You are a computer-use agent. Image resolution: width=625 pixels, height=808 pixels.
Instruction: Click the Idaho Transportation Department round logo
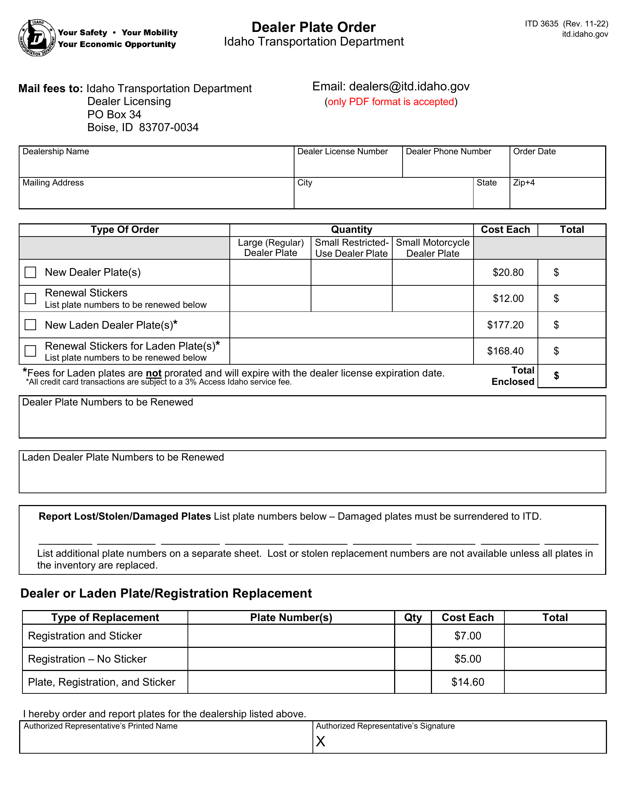pos(37,38)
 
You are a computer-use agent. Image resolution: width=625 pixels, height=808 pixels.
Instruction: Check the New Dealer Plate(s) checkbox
pos(31,272)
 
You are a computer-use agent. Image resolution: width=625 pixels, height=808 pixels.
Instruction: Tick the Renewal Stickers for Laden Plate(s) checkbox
pos(31,351)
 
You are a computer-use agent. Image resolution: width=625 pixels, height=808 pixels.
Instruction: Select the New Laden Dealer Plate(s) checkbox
pos(31,325)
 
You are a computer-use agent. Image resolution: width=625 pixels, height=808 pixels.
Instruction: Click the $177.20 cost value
pos(505,325)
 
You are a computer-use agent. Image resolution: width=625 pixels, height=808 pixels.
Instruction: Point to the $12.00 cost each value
pos(508,299)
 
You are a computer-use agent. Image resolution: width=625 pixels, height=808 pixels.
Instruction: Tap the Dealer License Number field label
pos(342,151)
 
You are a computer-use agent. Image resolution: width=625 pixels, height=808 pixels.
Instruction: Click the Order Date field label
pos(534,151)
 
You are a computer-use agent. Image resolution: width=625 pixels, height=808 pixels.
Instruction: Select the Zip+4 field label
pos(524,183)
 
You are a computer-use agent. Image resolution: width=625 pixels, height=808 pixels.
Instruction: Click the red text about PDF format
pos(391,102)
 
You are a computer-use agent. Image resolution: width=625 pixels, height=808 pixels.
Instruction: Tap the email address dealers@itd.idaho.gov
pos(409,86)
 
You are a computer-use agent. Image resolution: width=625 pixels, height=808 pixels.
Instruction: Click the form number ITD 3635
pos(541,24)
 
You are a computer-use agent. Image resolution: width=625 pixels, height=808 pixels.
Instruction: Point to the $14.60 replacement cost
pos(467,682)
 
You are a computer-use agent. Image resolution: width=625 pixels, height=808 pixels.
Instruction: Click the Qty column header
pos(413,617)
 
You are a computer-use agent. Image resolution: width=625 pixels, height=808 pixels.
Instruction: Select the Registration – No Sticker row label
pos(87,659)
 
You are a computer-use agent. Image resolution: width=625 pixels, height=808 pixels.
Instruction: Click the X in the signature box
pos(321,742)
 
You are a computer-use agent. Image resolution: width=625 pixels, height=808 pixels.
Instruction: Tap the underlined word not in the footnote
pos(154,373)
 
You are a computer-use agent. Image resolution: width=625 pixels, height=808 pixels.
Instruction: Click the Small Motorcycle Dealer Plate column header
pos(432,248)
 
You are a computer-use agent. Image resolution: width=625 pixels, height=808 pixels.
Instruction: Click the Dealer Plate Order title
pos(313,28)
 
